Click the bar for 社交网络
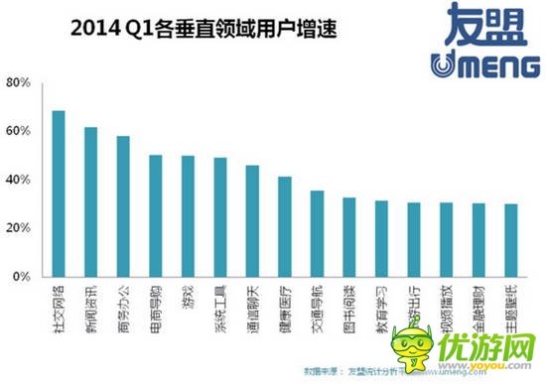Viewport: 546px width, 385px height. tap(59, 194)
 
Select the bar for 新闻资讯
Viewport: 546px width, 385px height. tap(90, 202)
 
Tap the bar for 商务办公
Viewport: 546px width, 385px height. tap(123, 207)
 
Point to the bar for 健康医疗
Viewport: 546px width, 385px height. tap(284, 228)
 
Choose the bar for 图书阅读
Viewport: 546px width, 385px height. tap(349, 238)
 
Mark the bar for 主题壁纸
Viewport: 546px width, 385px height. tap(510, 241)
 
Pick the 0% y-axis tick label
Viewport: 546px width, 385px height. tap(24, 278)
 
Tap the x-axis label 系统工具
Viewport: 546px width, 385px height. tap(220, 306)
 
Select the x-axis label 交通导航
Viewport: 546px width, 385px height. tap(317, 306)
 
